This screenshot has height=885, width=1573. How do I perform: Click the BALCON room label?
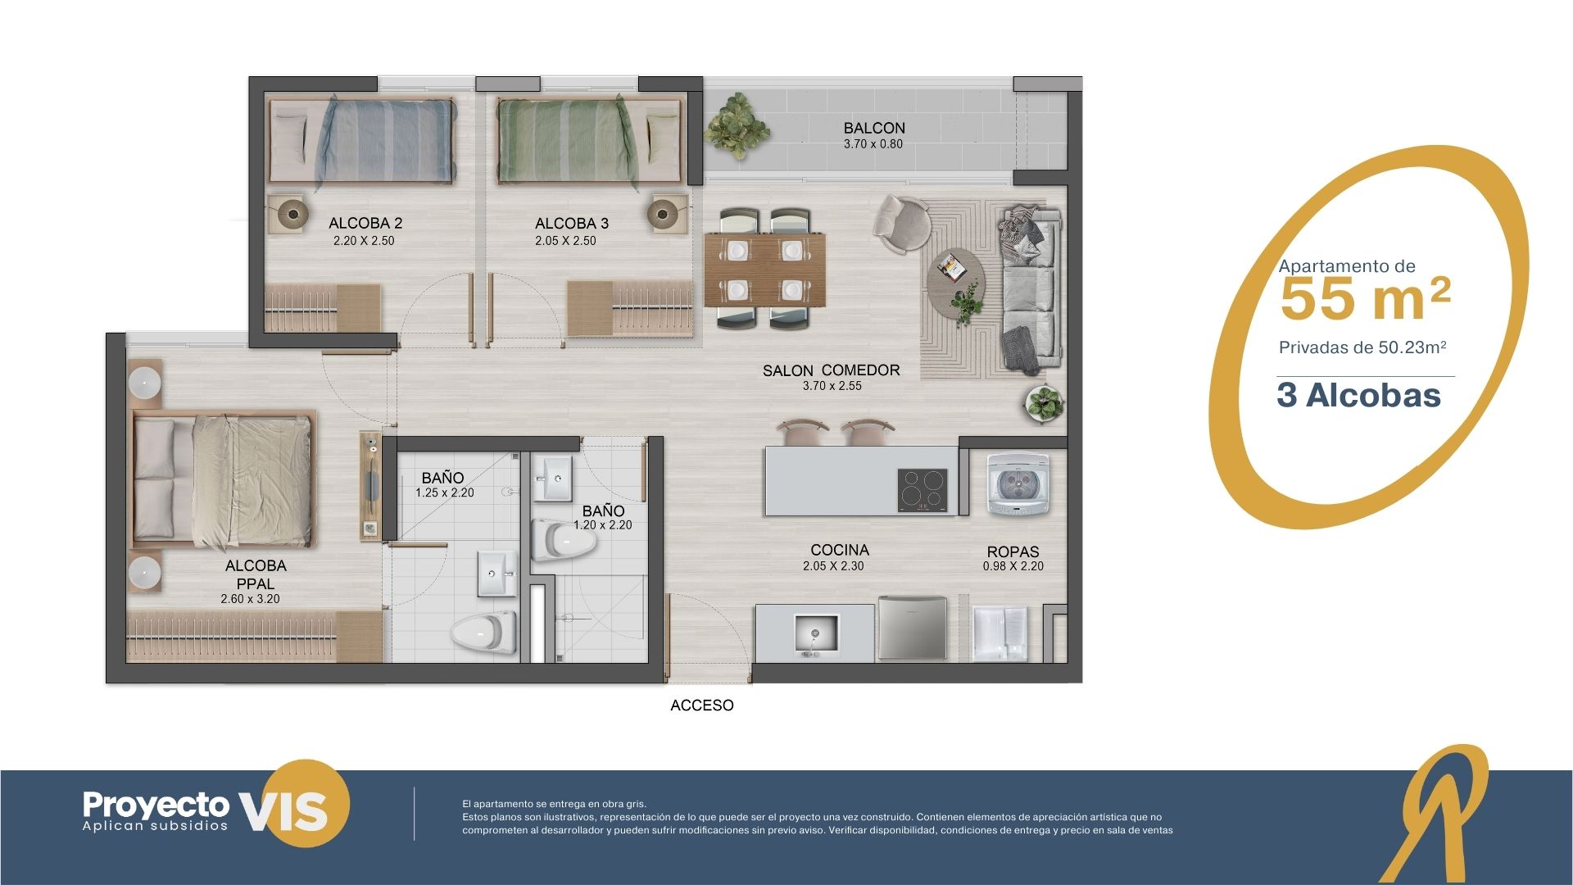pos(874,129)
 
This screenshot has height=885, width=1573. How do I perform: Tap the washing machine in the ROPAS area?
pos(1018,484)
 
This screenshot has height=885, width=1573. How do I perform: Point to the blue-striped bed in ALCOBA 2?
pos(362,139)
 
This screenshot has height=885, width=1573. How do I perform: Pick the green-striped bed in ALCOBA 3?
pos(588,139)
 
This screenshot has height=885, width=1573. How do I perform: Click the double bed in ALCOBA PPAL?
pos(223,479)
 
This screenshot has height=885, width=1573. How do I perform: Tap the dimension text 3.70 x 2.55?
pos(832,386)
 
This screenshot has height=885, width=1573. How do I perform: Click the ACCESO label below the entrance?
pos(702,706)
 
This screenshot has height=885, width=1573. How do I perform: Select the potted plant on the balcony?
pos(737,125)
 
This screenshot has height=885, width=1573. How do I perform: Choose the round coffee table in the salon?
pos(956,276)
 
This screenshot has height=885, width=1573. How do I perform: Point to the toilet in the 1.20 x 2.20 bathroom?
pos(564,539)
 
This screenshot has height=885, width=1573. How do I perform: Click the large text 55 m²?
pos(1365,298)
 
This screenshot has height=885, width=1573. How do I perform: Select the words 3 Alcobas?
pos(1358,396)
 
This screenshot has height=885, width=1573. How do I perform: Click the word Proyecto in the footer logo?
pos(156,805)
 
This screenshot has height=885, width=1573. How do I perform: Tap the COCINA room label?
pos(840,550)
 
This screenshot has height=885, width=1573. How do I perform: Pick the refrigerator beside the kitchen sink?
pos(913,629)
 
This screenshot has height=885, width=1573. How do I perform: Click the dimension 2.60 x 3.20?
pos(250,599)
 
